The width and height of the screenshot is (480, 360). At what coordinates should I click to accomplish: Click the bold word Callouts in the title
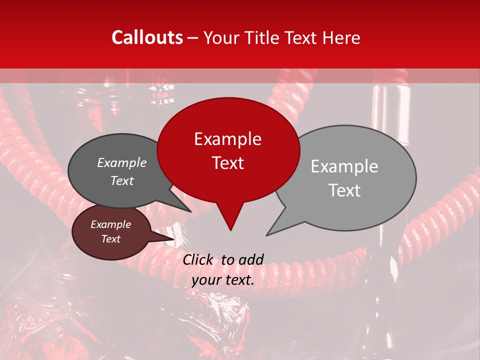[147, 37]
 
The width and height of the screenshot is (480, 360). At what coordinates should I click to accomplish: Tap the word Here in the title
[339, 37]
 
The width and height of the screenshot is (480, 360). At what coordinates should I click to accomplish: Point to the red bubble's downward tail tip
[230, 230]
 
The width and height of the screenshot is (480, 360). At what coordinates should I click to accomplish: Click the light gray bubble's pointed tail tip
[266, 235]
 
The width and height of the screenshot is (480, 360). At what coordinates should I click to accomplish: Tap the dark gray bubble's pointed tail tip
[190, 211]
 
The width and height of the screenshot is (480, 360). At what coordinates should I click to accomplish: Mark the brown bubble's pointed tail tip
[173, 238]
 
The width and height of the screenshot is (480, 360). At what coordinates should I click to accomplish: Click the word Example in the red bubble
[228, 139]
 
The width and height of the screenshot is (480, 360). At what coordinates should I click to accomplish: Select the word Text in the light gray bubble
[344, 190]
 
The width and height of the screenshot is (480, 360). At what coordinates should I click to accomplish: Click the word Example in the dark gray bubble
[122, 162]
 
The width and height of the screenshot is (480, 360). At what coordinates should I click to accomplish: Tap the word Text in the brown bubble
[111, 239]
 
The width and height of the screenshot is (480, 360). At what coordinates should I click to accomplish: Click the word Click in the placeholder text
[198, 259]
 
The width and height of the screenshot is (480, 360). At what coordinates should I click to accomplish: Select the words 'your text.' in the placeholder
[223, 280]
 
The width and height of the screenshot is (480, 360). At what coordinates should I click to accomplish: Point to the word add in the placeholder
[251, 259]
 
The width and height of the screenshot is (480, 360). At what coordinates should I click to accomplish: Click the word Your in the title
[221, 37]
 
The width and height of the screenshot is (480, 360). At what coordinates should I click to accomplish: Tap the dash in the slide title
[194, 37]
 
